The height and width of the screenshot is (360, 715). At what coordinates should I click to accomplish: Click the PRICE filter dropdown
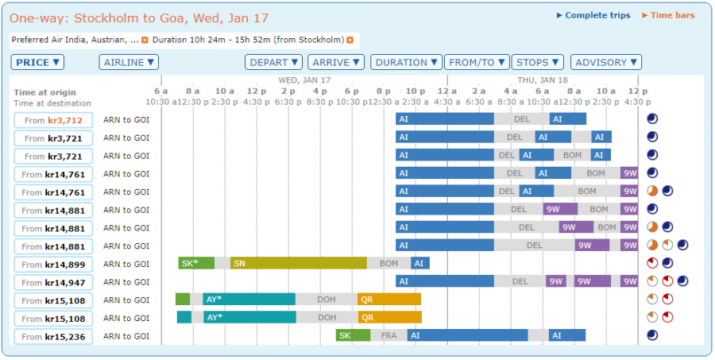[37, 62]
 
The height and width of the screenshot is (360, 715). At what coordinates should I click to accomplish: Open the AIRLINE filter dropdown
[129, 62]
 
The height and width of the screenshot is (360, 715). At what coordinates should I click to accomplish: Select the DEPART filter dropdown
[274, 62]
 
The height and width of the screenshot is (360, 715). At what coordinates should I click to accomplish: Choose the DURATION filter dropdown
[407, 62]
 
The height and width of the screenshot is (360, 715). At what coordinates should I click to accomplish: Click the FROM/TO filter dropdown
[476, 62]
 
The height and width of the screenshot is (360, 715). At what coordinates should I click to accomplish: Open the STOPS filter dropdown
[537, 62]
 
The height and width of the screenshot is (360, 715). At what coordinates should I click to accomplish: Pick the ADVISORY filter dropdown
[605, 62]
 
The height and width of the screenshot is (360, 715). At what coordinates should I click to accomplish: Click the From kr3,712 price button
[53, 120]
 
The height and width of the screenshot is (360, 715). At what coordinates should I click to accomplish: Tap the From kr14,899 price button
[53, 265]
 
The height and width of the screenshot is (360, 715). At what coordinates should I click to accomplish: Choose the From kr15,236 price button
[53, 337]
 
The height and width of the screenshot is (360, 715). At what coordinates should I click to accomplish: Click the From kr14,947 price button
[53, 282]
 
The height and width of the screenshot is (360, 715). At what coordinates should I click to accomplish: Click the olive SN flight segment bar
[298, 263]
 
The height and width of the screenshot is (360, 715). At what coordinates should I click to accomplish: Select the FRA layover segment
[388, 335]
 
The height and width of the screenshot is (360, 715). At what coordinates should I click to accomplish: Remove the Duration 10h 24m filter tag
[350, 40]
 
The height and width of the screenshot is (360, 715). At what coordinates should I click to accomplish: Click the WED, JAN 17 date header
[304, 80]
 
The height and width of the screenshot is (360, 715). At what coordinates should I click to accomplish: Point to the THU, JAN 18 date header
[543, 80]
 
